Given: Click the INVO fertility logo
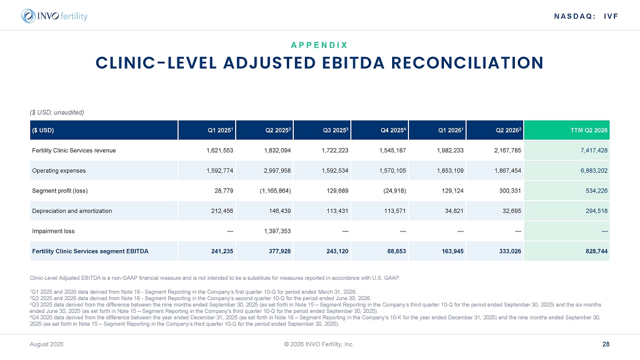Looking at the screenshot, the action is pyautogui.click(x=54, y=16).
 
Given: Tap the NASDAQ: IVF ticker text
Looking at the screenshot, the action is pyautogui.click(x=586, y=16).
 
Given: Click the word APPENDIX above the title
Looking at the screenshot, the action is pyautogui.click(x=319, y=45).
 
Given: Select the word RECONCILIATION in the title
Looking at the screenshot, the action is pyautogui.click(x=467, y=63).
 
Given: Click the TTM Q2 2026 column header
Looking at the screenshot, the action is pyautogui.click(x=589, y=130).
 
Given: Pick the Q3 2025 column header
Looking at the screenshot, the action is pyautogui.click(x=336, y=130).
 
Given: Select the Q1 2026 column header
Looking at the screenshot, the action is pyautogui.click(x=450, y=130).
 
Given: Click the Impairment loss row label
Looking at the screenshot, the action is pyautogui.click(x=54, y=231).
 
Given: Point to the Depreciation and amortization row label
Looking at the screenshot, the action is pyautogui.click(x=72, y=211).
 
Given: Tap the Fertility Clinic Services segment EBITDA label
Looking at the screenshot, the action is pyautogui.click(x=90, y=251).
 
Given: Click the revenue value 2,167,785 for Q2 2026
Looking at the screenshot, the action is pyautogui.click(x=507, y=151).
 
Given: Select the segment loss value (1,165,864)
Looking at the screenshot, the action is pyautogui.click(x=275, y=191).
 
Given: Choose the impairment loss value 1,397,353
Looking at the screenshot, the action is pyautogui.click(x=277, y=231).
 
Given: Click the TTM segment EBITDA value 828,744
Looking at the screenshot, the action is pyautogui.click(x=596, y=251).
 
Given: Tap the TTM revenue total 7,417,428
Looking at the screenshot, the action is pyautogui.click(x=594, y=151).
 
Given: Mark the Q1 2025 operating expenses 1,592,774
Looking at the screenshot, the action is pyautogui.click(x=219, y=170).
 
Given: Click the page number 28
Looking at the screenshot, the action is pyautogui.click(x=606, y=344).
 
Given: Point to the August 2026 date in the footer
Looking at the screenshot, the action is pyautogui.click(x=47, y=344).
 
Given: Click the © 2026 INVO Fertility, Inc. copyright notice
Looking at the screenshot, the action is pyautogui.click(x=319, y=344).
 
